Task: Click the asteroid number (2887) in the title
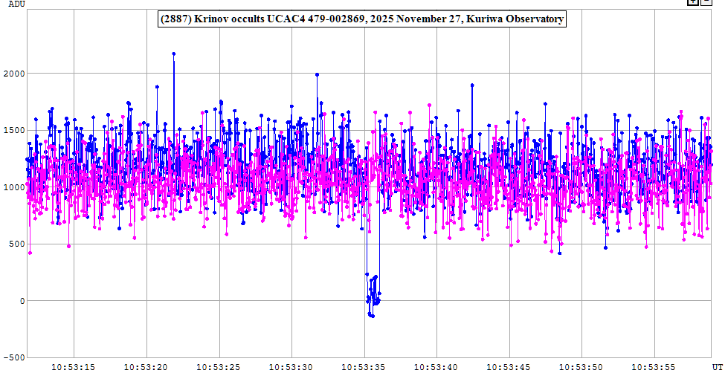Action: [x=176, y=19]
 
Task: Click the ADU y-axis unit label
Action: [x=16, y=4]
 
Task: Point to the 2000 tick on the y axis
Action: [x=15, y=74]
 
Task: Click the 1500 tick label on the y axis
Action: [x=15, y=130]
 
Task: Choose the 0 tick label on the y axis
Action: [x=22, y=301]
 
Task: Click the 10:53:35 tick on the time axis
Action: [x=365, y=367]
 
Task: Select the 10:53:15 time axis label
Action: [x=74, y=367]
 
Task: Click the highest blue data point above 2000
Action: [x=173, y=53]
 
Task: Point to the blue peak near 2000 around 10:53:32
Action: [x=317, y=74]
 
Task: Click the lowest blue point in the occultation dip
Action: [x=372, y=316]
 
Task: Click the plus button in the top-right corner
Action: [x=693, y=3]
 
